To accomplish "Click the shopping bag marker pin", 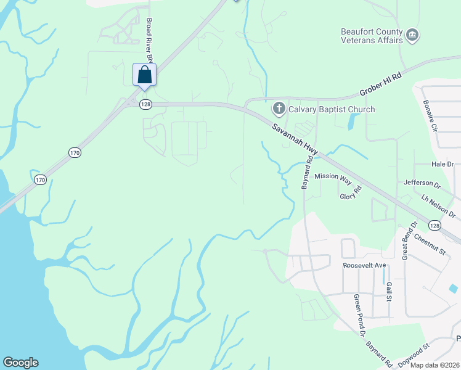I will [x=144, y=75].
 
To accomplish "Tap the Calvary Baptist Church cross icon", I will [x=279, y=110].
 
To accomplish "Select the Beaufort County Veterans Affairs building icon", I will [x=413, y=36].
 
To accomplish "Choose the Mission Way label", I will [x=333, y=176].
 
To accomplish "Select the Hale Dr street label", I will [x=443, y=164].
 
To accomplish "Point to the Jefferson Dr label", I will [x=422, y=183].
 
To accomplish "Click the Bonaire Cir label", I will [x=430, y=117].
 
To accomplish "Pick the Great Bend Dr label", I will [x=409, y=240].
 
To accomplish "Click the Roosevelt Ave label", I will [x=364, y=265].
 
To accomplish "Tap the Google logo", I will [x=20, y=363].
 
